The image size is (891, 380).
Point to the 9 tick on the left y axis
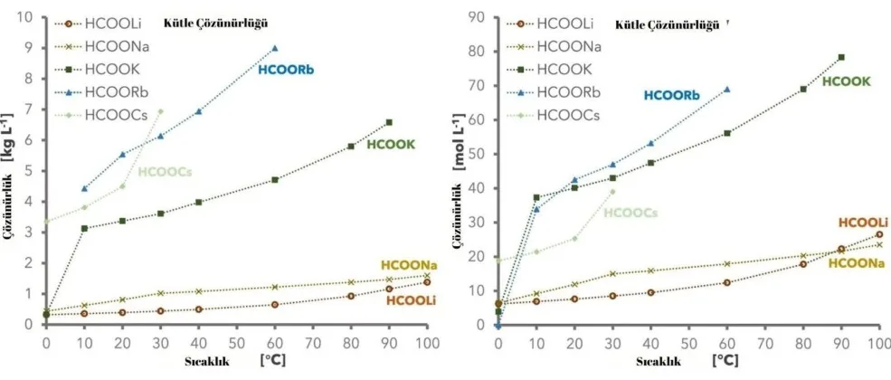click(29, 48)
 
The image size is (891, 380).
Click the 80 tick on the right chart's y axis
click(477, 52)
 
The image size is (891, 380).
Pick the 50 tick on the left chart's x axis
click(237, 345)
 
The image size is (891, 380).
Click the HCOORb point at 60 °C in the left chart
click(275, 48)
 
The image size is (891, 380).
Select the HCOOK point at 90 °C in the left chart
click(389, 122)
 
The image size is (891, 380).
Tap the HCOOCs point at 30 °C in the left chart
click(160, 110)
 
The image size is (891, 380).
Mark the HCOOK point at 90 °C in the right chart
click(841, 57)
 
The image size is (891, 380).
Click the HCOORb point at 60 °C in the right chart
click(726, 90)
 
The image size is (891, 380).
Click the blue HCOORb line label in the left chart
click(285, 70)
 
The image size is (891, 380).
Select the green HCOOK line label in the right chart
click(846, 81)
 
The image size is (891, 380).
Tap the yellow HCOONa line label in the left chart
click(409, 265)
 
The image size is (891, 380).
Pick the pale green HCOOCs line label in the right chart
click(630, 213)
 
